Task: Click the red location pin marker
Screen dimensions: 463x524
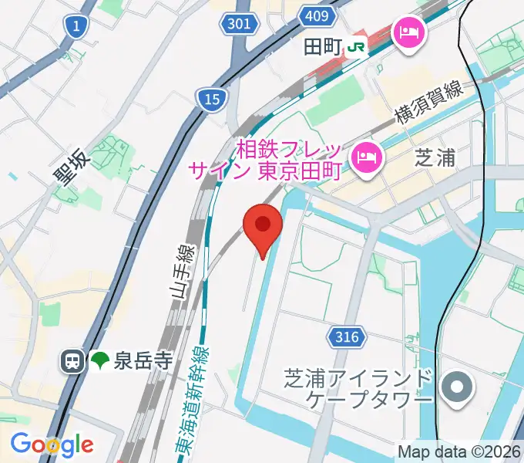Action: pyautogui.click(x=263, y=226)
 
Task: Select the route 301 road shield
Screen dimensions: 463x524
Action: pyautogui.click(x=239, y=24)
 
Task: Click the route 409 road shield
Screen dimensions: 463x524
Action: pyautogui.click(x=321, y=15)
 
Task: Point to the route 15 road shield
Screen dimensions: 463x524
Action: pyautogui.click(x=210, y=97)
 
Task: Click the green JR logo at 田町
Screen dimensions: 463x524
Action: pyautogui.click(x=356, y=47)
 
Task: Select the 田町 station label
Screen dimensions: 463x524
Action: pyautogui.click(x=322, y=47)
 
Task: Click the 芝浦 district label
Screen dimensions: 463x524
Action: pyautogui.click(x=436, y=157)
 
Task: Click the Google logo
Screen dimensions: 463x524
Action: pyautogui.click(x=52, y=444)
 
